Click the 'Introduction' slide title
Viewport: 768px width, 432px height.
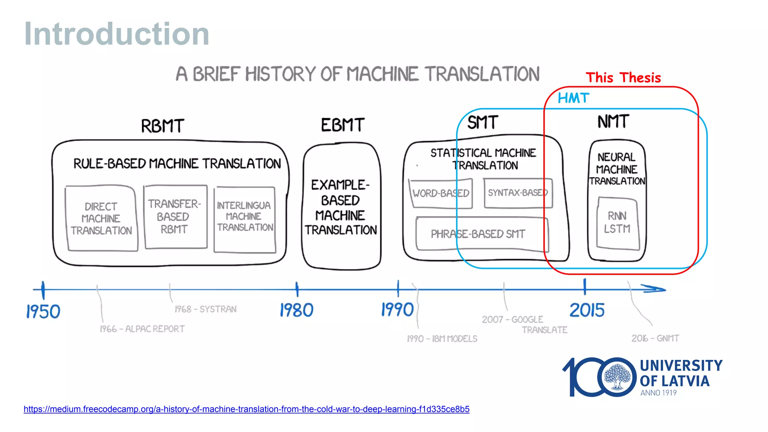point(117,34)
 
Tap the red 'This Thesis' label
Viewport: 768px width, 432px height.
point(623,78)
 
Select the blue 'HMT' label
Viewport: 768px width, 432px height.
point(573,98)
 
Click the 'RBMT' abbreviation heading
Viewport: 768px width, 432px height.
point(162,126)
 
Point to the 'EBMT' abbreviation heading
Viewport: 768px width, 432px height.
point(342,125)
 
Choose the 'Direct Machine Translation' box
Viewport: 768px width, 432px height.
point(101,218)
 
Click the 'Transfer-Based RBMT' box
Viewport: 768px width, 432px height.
point(175,216)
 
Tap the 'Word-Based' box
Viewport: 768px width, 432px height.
point(441,193)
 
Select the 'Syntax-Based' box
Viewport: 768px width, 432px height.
point(517,193)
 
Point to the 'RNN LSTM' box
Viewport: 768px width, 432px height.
point(617,222)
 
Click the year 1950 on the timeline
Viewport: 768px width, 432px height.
point(43,311)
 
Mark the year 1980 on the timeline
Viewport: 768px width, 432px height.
point(296,310)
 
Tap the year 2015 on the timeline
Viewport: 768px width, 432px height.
point(587,310)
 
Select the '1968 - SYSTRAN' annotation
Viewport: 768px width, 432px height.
point(205,309)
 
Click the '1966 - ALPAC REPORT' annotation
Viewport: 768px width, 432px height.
point(142,329)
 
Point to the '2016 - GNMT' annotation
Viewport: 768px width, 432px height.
point(655,338)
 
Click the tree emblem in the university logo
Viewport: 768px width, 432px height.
point(617,377)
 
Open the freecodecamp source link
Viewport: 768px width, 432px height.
point(246,409)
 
